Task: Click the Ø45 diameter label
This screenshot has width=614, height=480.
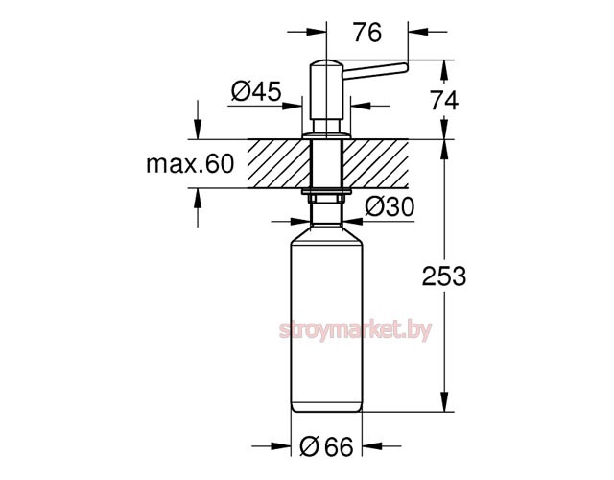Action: [255, 91]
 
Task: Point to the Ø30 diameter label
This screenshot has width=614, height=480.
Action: [389, 205]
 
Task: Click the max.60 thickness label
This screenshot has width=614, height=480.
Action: [190, 164]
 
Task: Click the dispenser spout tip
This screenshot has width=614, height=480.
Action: [403, 67]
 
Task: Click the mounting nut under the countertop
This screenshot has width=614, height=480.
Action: [325, 196]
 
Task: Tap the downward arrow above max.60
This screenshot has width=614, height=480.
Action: [199, 130]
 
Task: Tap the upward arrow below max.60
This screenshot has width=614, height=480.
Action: [199, 198]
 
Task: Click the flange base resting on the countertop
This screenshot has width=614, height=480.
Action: [325, 135]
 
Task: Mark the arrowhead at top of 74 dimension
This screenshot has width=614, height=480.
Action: [445, 68]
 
